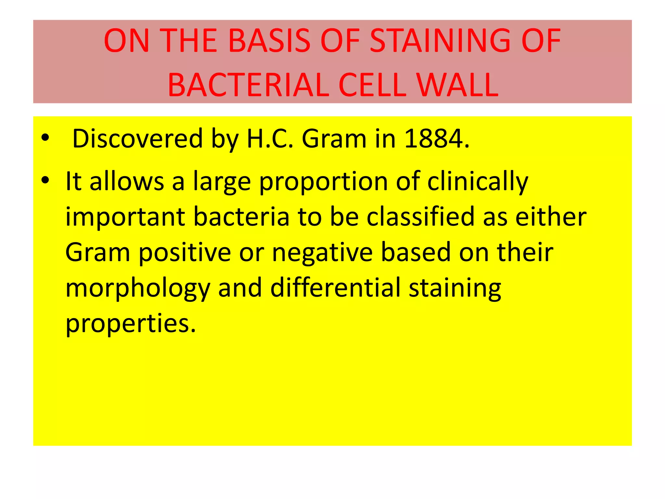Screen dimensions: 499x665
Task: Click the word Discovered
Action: pyautogui.click(x=137, y=139)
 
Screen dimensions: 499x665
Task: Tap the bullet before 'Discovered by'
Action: pyautogui.click(x=45, y=138)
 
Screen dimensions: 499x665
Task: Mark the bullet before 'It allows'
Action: pyautogui.click(x=45, y=180)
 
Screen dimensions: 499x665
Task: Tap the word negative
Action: pyautogui.click(x=322, y=253)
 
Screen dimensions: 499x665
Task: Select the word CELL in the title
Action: pyautogui.click(x=372, y=85)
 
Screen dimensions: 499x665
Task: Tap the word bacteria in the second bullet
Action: pyautogui.click(x=241, y=217)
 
